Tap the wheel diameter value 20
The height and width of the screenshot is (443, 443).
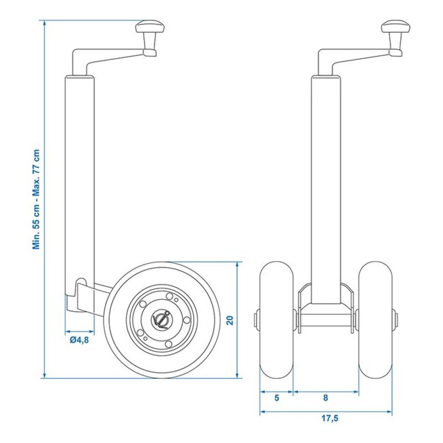click(x=230, y=319)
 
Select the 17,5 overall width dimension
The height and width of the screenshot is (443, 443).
click(x=326, y=419)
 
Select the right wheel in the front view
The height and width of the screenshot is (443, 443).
click(x=375, y=318)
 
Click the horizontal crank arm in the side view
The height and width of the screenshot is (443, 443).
click(x=109, y=53)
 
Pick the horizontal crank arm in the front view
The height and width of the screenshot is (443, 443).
click(x=354, y=53)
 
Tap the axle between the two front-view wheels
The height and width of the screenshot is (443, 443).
click(x=325, y=318)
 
